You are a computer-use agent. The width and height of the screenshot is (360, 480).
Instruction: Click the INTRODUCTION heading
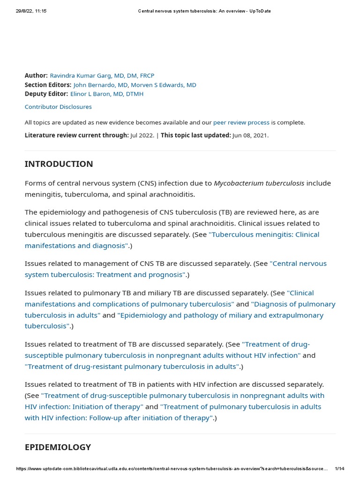59,164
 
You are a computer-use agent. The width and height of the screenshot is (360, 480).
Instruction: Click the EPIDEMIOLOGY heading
58,447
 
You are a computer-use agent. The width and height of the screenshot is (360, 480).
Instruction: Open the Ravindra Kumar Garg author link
102,75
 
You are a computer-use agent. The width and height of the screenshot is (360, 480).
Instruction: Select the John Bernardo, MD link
100,85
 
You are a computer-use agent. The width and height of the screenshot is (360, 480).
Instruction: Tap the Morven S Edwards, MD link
164,85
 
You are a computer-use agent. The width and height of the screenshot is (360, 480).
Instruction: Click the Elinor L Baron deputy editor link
107,94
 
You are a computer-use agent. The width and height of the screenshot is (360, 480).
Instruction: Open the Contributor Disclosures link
58,107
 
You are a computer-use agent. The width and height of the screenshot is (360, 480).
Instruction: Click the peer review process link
241,122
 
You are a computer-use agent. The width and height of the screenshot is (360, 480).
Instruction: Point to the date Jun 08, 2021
250,135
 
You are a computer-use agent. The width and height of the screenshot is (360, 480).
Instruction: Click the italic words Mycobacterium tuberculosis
259,183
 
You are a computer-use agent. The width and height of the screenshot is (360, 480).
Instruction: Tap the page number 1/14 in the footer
340,469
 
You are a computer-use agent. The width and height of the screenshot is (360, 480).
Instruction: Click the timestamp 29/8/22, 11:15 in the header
31,11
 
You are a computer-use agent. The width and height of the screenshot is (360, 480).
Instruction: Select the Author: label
36,75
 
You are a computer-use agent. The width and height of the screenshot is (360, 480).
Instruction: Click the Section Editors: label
48,85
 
